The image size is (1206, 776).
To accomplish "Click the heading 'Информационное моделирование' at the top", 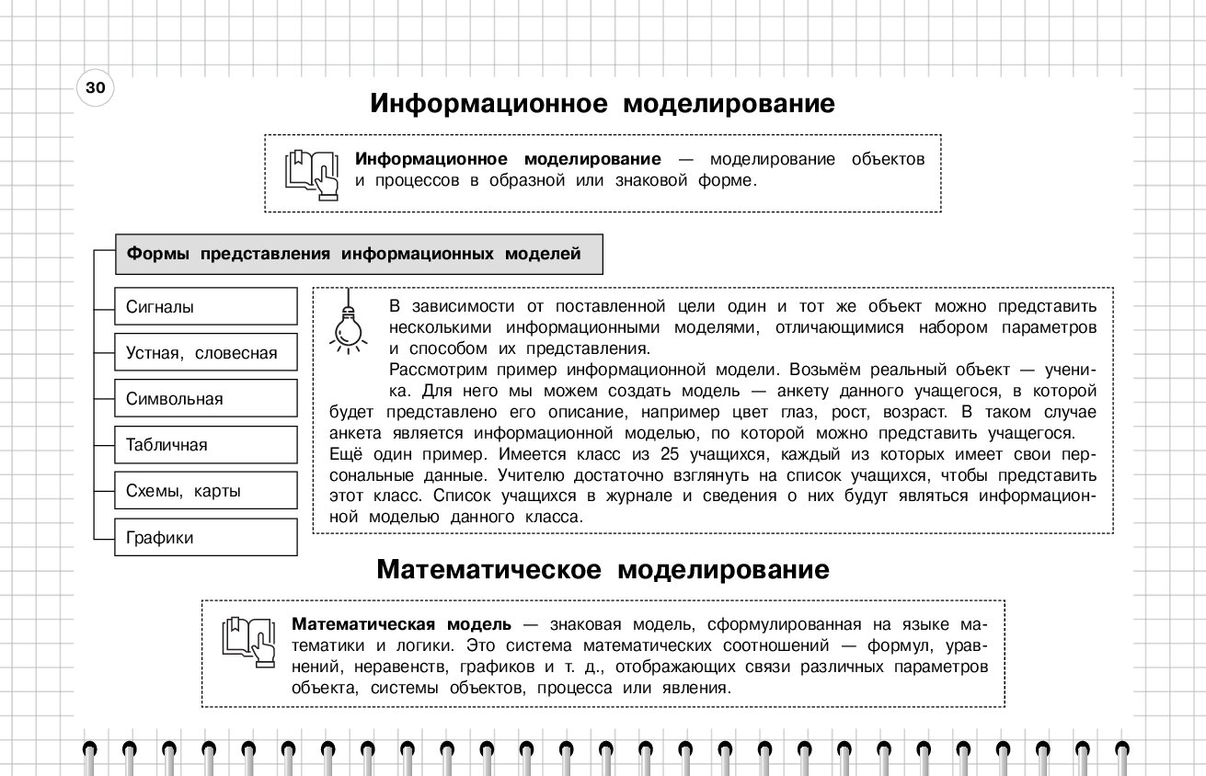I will click(x=603, y=104).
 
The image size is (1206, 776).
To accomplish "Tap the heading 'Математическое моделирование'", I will click(x=603, y=570).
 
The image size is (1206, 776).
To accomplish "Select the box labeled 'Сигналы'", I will click(x=206, y=307).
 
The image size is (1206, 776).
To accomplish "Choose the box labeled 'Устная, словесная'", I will click(x=206, y=353).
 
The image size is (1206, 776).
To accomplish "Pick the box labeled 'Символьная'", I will click(x=206, y=399).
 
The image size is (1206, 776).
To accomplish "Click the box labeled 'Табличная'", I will click(x=206, y=445).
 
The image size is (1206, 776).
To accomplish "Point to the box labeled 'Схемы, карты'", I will click(x=206, y=491).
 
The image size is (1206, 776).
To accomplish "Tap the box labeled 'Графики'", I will click(x=206, y=538).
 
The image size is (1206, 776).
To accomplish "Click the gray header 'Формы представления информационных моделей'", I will click(x=359, y=255).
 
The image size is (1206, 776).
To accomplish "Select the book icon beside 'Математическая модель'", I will click(x=248, y=641).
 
